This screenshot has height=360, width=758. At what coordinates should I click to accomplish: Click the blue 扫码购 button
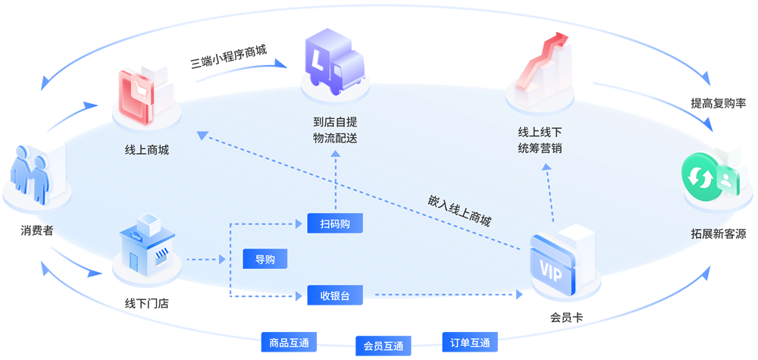click(x=335, y=224)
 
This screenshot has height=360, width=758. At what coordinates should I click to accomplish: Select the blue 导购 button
click(x=265, y=259)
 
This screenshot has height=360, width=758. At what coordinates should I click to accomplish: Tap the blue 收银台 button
click(x=335, y=295)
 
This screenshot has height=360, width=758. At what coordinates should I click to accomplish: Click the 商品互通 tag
click(x=289, y=342)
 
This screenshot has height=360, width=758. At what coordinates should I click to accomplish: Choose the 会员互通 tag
click(x=383, y=346)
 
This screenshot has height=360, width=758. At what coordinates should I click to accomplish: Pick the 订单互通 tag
click(x=470, y=342)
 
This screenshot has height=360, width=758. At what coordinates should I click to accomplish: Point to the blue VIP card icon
click(x=558, y=261)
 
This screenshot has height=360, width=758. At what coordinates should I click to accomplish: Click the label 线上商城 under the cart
click(x=147, y=149)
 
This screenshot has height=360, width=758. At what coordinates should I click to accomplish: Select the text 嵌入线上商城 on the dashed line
click(x=459, y=211)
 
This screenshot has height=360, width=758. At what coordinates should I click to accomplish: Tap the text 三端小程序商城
click(x=228, y=58)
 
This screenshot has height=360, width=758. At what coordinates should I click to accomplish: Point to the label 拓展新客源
click(x=718, y=234)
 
